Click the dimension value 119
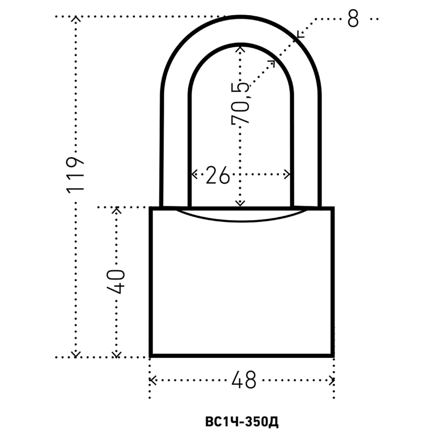pos(75,175)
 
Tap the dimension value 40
pos(116,281)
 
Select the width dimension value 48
pos(244,380)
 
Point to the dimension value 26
pos(218,175)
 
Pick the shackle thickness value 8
pos(353,19)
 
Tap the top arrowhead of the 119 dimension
pos(76,19)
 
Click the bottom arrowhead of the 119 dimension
pos(76,355)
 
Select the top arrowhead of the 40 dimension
pos(116,210)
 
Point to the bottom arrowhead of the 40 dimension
pos(116,355)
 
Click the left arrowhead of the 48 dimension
pos(153,380)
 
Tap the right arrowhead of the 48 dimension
pos(332,380)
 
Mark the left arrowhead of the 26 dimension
pos(194,175)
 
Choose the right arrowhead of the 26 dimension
pos(288,175)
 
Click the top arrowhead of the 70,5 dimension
pos(240,49)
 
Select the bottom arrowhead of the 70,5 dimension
pos(240,203)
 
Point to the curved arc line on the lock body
pos(241,221)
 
